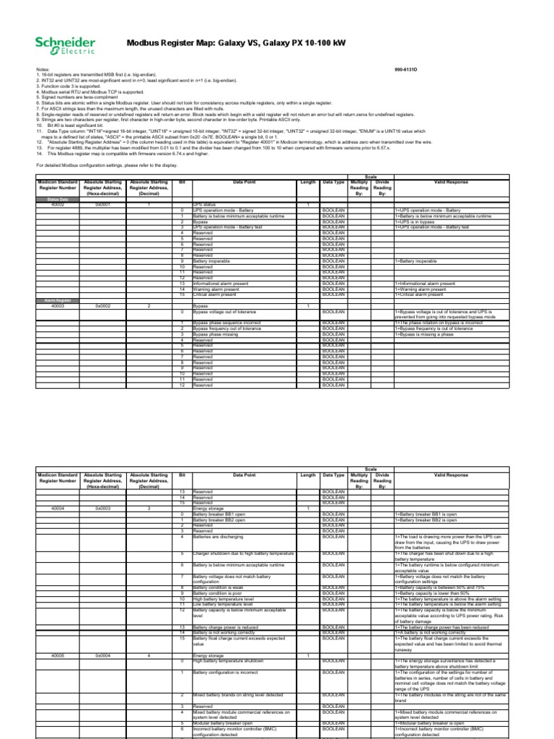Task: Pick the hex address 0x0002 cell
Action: [x=106, y=307]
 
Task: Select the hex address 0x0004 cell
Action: [x=106, y=655]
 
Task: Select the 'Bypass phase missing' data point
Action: [x=218, y=334]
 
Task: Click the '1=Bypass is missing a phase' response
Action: [x=428, y=334]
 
